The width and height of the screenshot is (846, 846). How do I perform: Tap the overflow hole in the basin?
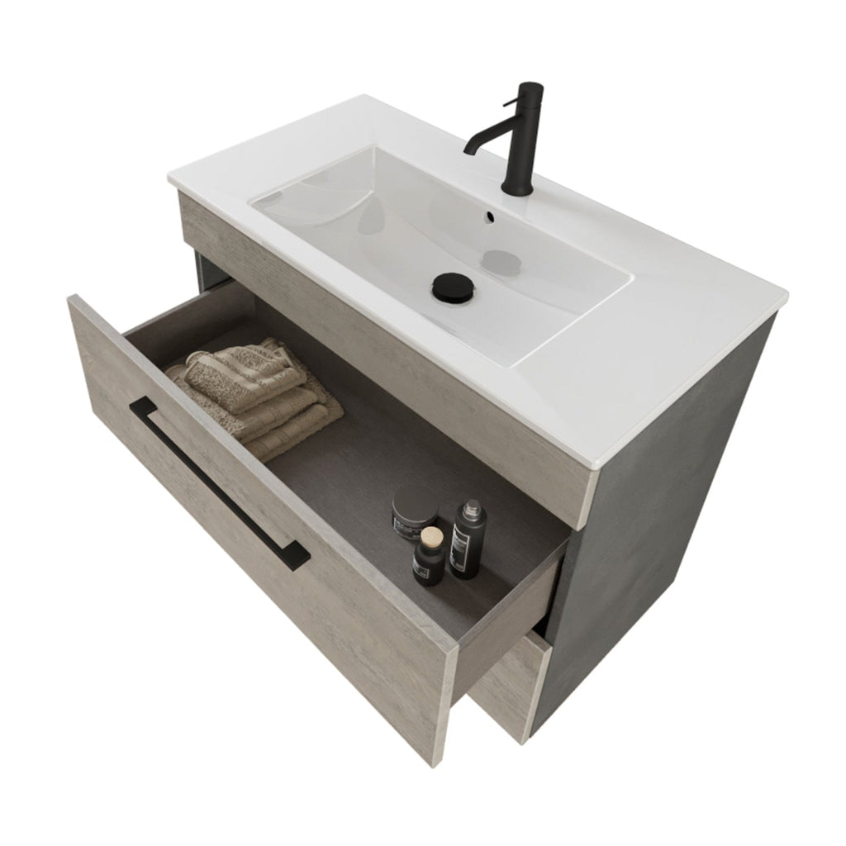coord(489,218)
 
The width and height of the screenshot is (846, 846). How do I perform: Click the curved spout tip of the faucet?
coord(469,150)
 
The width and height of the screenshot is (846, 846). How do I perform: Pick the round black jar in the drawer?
coord(415,511)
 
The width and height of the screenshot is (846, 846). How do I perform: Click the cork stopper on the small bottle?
coord(429,539)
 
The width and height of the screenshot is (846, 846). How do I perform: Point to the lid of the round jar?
coord(415,500)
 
